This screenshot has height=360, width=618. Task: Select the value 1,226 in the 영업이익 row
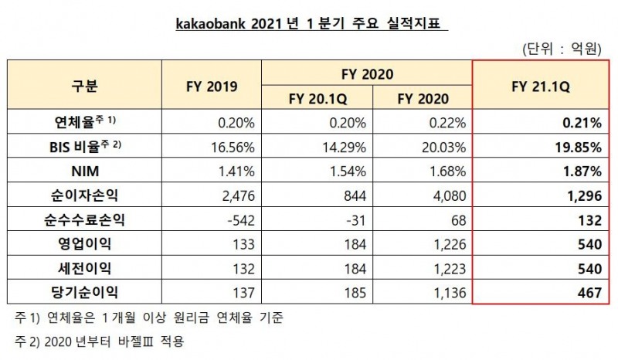[x=448, y=243]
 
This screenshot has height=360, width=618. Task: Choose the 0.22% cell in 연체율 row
[x=445, y=121]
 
